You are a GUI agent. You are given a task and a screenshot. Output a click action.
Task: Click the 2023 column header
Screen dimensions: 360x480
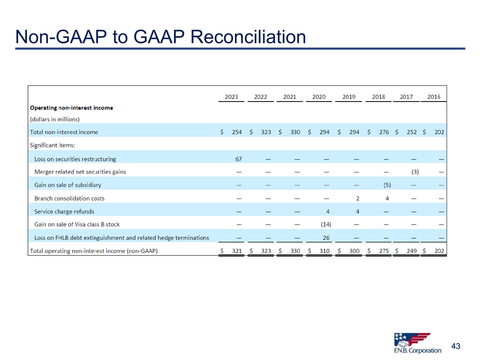click(231, 96)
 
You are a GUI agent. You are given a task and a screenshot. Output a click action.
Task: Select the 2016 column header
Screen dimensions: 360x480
click(434, 96)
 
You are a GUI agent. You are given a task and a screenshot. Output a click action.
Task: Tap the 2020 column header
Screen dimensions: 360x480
click(319, 96)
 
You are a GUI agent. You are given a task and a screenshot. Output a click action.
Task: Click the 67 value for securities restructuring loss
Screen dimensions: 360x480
click(239, 159)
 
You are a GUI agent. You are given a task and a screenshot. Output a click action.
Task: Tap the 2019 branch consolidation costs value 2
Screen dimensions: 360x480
click(357, 198)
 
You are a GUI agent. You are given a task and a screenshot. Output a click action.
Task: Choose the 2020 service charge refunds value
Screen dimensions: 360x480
click(327, 211)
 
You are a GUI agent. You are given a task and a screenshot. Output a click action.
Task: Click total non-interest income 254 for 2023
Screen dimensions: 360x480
click(236, 132)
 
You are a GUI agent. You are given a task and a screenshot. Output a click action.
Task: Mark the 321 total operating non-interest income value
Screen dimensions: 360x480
click(236, 250)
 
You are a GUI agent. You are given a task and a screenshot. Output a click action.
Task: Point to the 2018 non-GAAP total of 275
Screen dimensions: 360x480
click(384, 250)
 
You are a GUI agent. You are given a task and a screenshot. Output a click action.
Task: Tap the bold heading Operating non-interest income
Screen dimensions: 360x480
click(71, 107)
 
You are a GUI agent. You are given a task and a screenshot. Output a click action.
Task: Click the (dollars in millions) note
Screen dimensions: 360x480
click(55, 119)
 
